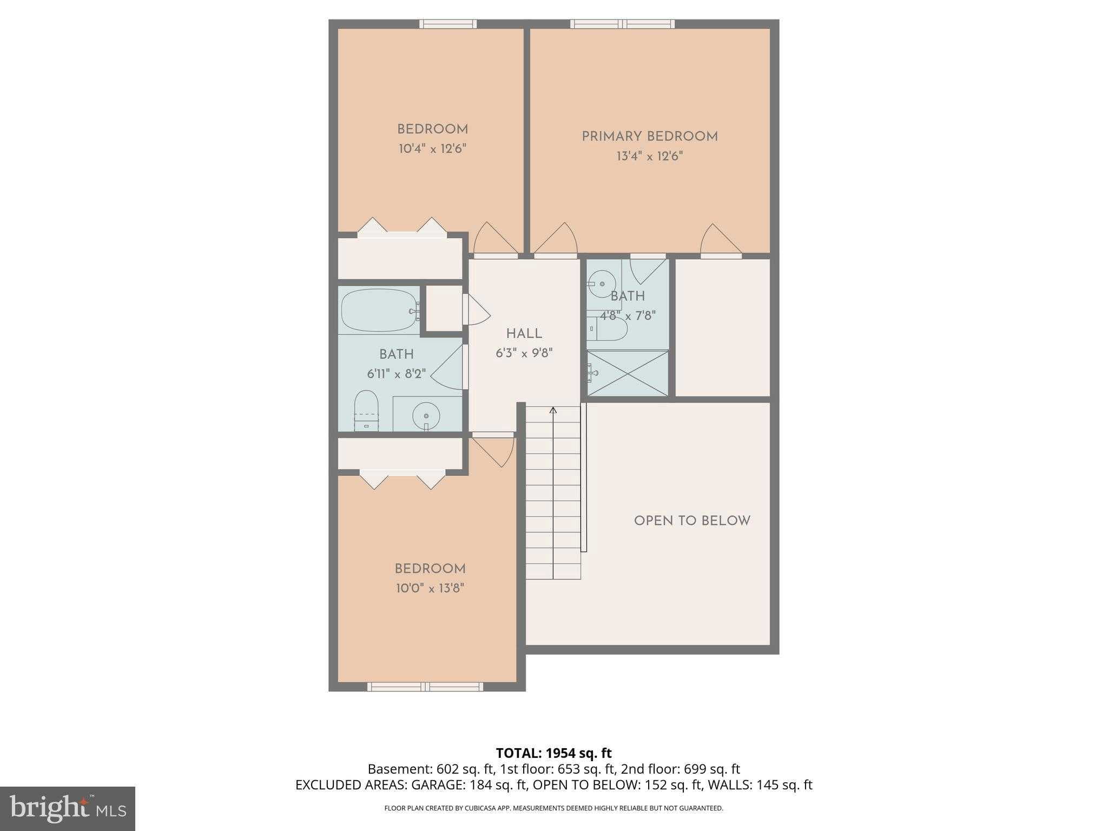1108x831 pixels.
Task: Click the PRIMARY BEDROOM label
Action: pos(649,137)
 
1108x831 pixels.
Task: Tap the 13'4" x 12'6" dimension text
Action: pos(649,156)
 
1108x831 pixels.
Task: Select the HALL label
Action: pos(524,334)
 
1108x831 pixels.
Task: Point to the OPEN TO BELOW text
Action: pos(692,521)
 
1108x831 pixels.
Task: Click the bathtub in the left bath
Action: pos(378,311)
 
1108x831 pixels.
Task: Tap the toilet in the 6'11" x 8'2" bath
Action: pos(366,410)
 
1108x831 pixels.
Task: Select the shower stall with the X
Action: pos(628,373)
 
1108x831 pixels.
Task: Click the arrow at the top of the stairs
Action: pos(553,411)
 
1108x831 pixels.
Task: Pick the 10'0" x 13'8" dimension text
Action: pos(430,588)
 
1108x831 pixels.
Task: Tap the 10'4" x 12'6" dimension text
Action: pos(432,149)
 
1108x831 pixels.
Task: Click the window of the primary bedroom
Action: pos(622,24)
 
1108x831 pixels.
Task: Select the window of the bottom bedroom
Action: pos(425,687)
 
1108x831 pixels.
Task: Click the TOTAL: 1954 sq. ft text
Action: pos(553,753)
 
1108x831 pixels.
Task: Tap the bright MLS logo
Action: pos(67,809)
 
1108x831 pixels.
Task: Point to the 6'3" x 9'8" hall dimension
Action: pos(524,353)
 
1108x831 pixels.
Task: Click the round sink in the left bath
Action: pos(426,416)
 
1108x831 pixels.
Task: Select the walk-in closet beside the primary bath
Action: pos(722,327)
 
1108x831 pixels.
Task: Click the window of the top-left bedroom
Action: pos(448,24)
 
